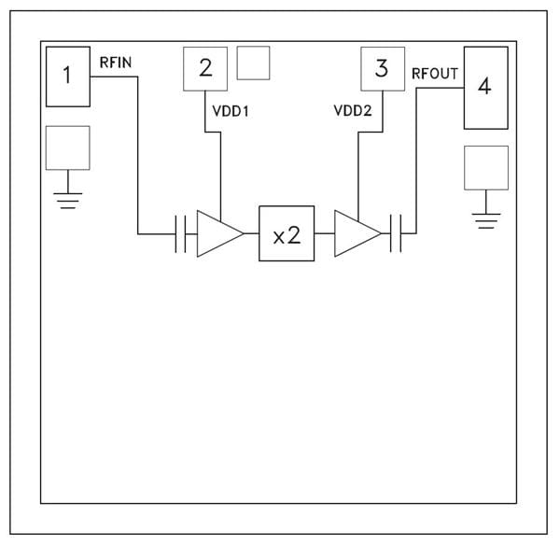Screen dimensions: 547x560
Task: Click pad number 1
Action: click(x=67, y=76)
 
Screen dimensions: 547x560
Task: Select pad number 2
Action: click(x=205, y=68)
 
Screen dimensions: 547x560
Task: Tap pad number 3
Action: click(x=381, y=68)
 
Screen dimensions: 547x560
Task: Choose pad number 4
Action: click(x=484, y=88)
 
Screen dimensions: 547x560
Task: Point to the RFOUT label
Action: click(x=435, y=73)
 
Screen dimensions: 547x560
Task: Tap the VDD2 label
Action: click(x=352, y=110)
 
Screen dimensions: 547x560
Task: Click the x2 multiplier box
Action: click(x=287, y=233)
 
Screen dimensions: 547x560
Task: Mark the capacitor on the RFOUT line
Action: click(x=396, y=233)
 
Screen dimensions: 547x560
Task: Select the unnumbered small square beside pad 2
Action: click(x=253, y=63)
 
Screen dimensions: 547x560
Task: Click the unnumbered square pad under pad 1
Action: click(x=67, y=147)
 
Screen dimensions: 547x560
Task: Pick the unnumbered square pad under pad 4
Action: click(x=485, y=168)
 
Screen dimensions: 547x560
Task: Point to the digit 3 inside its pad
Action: click(x=381, y=68)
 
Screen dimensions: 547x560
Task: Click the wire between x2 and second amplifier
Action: click(x=323, y=233)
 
